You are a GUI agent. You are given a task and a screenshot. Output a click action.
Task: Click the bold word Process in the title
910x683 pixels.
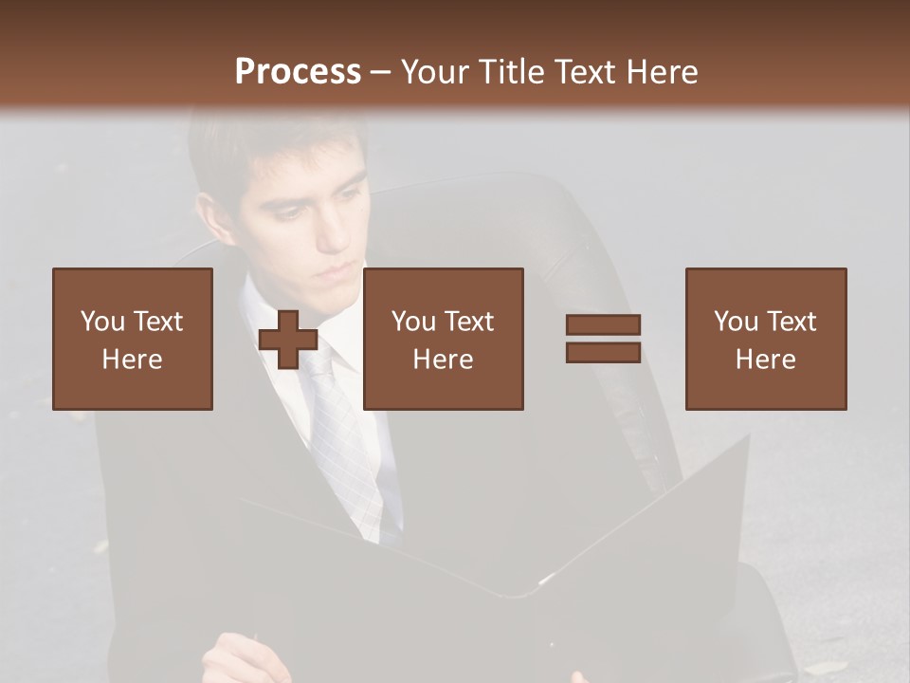point(298,72)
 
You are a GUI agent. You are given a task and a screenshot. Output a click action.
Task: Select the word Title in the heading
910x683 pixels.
point(509,72)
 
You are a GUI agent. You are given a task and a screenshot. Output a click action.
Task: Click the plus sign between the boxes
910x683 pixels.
point(288,340)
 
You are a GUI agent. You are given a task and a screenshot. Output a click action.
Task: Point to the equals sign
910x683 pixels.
point(603,339)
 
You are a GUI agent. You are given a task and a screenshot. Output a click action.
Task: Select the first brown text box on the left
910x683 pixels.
point(133,339)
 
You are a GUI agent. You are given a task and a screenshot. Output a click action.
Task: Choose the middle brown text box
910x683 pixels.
point(443,339)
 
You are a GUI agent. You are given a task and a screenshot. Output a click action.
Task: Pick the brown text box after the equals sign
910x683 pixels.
point(765,339)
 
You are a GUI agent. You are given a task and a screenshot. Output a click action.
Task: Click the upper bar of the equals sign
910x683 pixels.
point(603,324)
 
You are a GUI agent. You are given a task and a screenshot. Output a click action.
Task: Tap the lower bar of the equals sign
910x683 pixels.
point(603,352)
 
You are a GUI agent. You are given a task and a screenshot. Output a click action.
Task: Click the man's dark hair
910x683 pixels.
point(265,142)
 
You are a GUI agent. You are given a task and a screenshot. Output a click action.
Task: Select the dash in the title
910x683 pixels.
point(380,72)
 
